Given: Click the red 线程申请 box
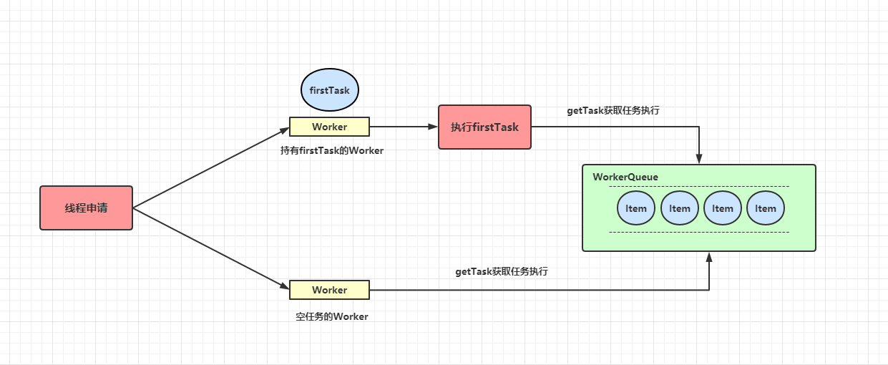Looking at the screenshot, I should click(86, 208).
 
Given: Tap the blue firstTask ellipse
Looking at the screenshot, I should click(329, 91).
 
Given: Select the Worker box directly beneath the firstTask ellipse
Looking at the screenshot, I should click(329, 127).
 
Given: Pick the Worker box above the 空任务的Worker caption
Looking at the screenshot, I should click(329, 290).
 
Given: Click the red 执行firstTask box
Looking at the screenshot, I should click(484, 127).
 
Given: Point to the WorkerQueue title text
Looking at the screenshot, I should click(625, 177).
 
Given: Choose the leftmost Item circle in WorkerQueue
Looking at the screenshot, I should click(636, 208).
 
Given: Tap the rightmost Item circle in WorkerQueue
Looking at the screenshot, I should click(766, 208).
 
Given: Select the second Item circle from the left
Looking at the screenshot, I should click(680, 208).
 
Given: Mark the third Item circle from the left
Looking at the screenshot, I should click(723, 208).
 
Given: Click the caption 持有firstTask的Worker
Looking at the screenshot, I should click(332, 151).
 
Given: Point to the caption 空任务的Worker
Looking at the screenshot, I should click(331, 316).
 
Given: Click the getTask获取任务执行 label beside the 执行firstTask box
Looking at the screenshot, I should click(613, 111).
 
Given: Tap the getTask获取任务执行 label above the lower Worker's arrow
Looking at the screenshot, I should click(502, 272).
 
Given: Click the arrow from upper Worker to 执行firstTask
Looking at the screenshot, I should click(403, 127).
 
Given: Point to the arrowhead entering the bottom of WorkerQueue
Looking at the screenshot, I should click(709, 257).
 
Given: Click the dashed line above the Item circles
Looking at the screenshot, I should click(699, 186).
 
